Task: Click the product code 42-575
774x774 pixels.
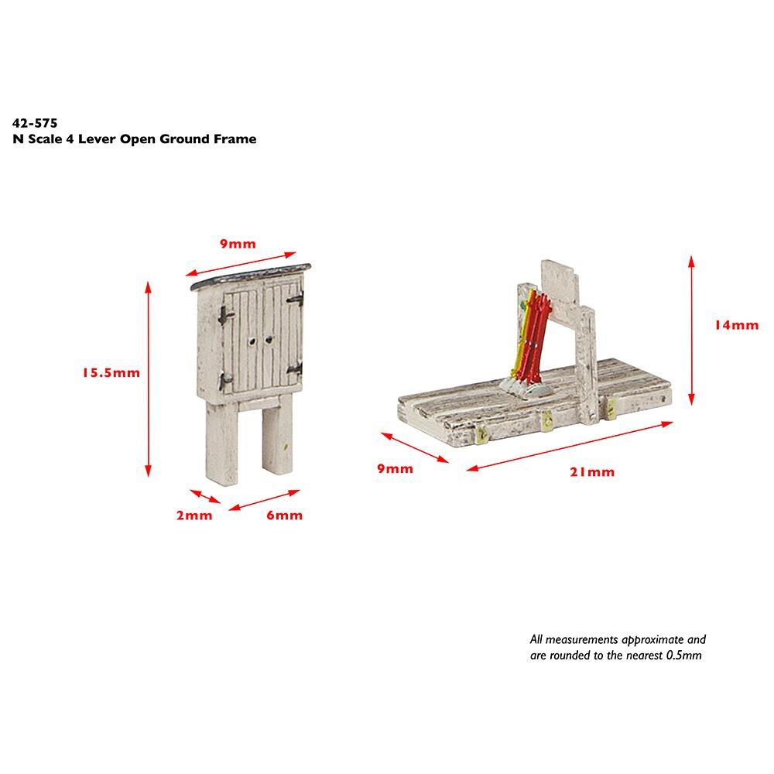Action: coord(35,123)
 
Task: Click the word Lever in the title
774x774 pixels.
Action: coord(98,139)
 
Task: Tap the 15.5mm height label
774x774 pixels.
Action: coord(111,373)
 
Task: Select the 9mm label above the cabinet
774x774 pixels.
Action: coord(238,244)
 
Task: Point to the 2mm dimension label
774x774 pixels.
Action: coord(194,515)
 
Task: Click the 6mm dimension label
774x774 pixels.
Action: coord(284,515)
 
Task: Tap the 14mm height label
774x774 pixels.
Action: coord(737,325)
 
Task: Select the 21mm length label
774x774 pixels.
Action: coord(592,472)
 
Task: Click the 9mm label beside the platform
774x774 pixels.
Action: coord(395,469)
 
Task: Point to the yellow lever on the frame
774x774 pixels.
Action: coord(525,336)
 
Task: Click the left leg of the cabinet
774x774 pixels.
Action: coord(221,440)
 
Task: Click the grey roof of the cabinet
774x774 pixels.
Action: coord(251,276)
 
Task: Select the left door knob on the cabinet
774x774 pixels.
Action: coord(252,341)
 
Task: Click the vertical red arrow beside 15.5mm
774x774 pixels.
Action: coord(148,379)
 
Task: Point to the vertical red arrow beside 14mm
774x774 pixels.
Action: coord(691,330)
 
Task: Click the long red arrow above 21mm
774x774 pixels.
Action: coord(570,446)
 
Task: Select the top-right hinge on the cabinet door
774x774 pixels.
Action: coord(296,298)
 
